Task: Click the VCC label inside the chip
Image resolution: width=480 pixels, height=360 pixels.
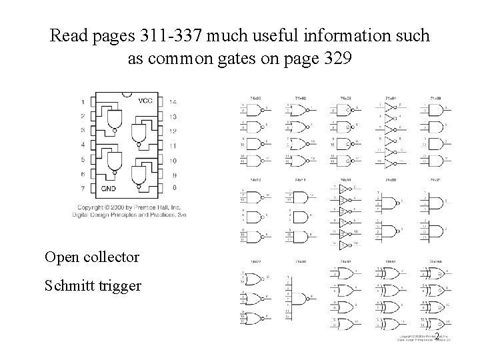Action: pos(145,101)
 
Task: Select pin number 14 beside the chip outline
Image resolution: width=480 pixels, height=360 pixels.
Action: pos(173,102)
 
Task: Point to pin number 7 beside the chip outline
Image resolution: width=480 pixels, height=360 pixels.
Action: pos(82,189)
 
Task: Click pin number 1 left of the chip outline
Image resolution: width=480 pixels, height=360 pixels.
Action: pos(82,102)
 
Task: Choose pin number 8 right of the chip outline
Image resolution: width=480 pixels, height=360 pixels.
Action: pos(173,189)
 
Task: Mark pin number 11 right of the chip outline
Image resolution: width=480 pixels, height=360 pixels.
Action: pos(173,145)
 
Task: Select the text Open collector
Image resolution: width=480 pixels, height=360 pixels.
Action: pos(91,257)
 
